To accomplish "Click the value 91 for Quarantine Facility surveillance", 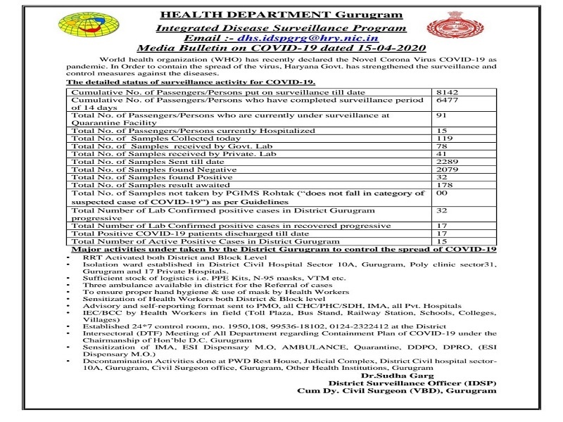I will (x=441, y=115).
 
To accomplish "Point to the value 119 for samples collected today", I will (x=443, y=139).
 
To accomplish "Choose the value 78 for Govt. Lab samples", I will (x=441, y=146).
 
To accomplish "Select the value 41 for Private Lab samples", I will (x=441, y=154).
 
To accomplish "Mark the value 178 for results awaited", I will (x=443, y=185).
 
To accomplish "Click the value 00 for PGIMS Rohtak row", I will (x=441, y=193).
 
